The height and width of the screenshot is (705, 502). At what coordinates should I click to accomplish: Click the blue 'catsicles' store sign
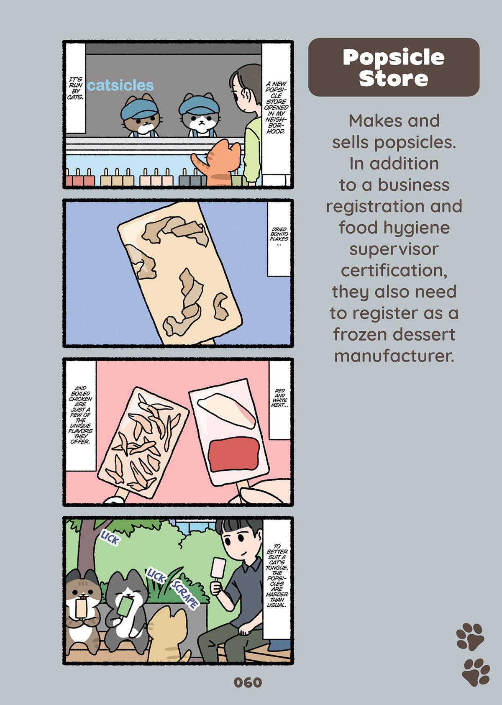(x=121, y=85)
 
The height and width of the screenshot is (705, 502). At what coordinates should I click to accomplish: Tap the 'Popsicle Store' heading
(x=393, y=67)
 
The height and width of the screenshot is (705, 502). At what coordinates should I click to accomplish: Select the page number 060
(x=248, y=682)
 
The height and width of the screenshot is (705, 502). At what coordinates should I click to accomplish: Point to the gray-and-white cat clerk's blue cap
(x=198, y=105)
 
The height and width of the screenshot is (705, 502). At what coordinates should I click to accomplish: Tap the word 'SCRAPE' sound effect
(x=184, y=595)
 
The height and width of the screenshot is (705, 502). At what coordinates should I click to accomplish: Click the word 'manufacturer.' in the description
(x=394, y=356)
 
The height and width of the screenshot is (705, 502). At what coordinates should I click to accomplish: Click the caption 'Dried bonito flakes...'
(x=279, y=237)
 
